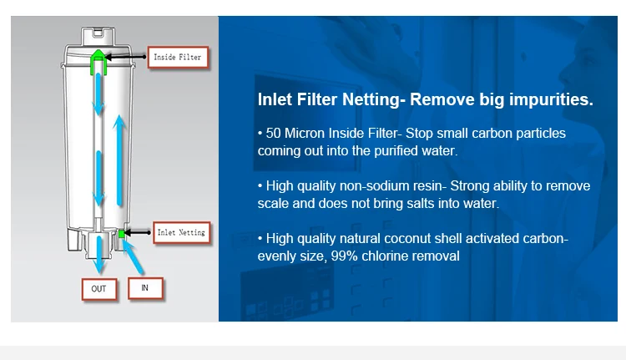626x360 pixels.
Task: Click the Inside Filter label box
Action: [178, 57]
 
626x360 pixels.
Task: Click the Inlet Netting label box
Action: [182, 232]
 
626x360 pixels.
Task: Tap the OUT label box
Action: [99, 289]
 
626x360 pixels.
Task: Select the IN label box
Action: [145, 287]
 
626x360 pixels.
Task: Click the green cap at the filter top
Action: [98, 62]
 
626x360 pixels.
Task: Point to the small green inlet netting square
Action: [121, 234]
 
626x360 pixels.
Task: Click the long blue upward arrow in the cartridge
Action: [119, 160]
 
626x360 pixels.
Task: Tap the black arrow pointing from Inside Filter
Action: [125, 57]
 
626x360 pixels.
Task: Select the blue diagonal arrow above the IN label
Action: [133, 257]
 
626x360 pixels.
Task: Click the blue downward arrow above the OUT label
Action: [99, 254]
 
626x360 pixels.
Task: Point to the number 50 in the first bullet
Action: [273, 133]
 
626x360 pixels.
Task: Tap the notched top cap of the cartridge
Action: [98, 37]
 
